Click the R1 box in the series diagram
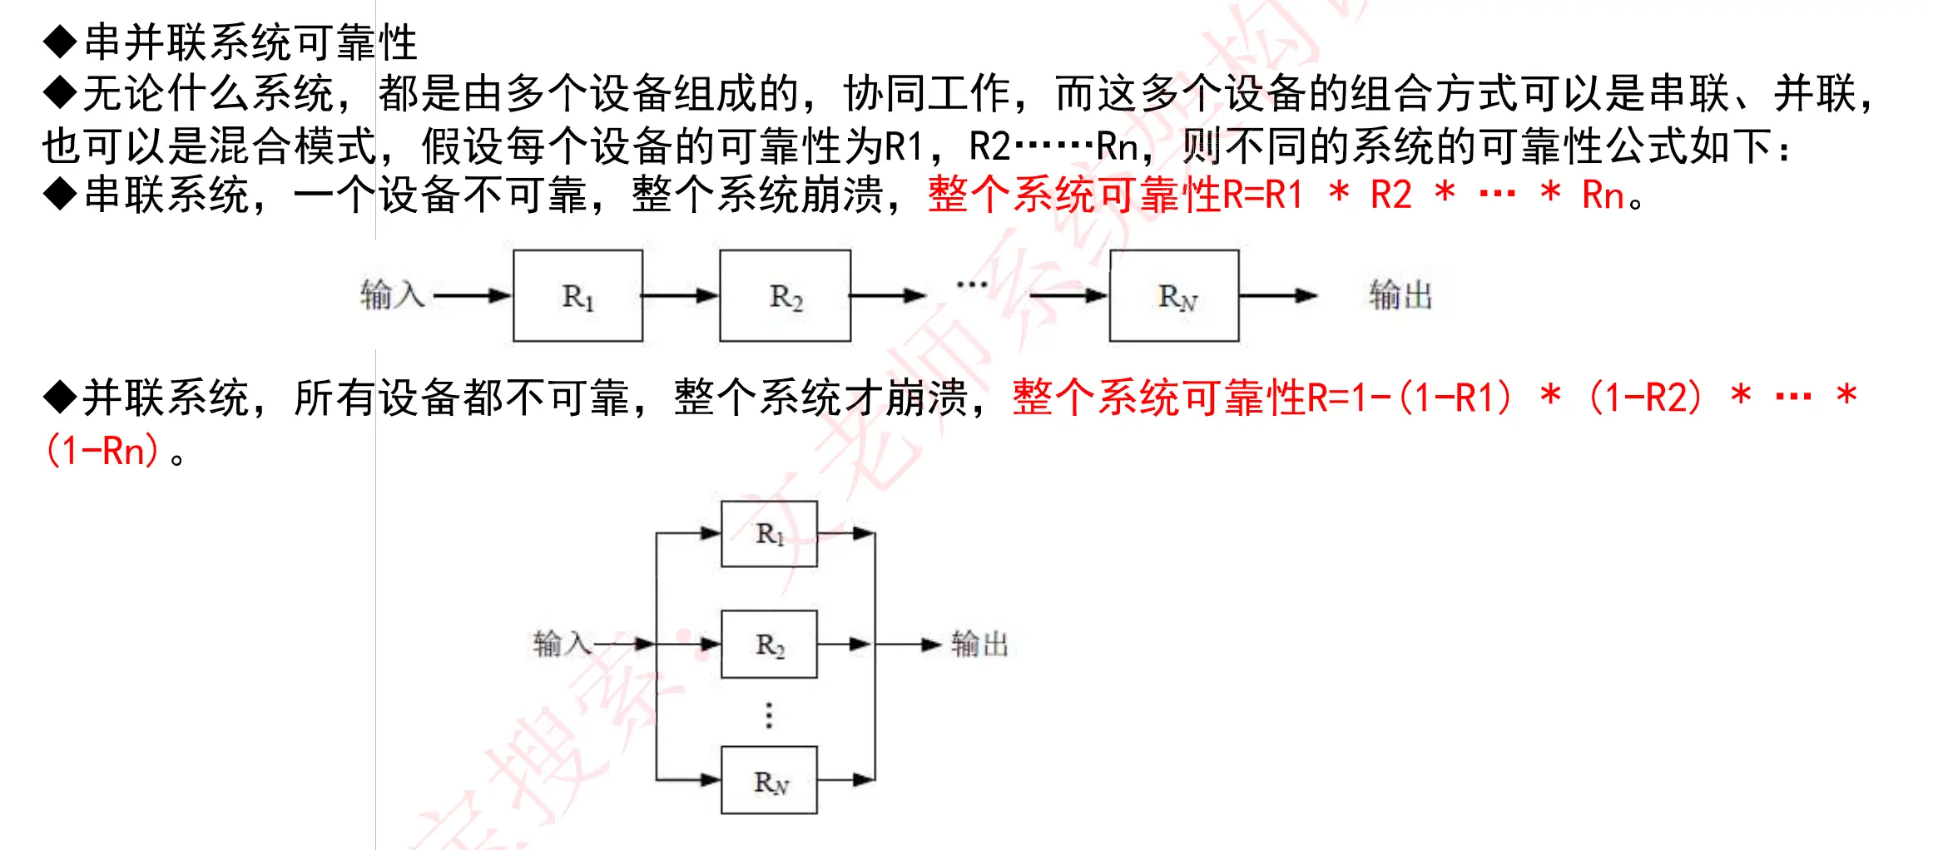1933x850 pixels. [577, 295]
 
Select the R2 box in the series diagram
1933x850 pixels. [785, 295]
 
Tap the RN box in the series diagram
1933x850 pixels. [1174, 295]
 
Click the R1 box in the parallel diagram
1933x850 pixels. [769, 534]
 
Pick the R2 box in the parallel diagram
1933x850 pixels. [769, 644]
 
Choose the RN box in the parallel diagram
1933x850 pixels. [769, 780]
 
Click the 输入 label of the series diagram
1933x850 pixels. [392, 295]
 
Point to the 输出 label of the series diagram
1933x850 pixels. [1400, 295]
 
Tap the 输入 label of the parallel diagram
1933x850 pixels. [562, 644]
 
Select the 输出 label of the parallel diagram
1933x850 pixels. [979, 644]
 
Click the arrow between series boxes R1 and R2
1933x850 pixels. [680, 295]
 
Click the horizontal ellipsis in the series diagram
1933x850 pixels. [972, 285]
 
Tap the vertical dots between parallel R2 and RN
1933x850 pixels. [769, 714]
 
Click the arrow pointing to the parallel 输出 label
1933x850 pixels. [909, 644]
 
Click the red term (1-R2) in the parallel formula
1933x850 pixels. [1646, 398]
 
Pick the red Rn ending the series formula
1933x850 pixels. [1603, 195]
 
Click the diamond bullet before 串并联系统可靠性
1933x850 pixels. [60, 42]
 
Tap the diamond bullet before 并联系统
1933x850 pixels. [60, 398]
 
